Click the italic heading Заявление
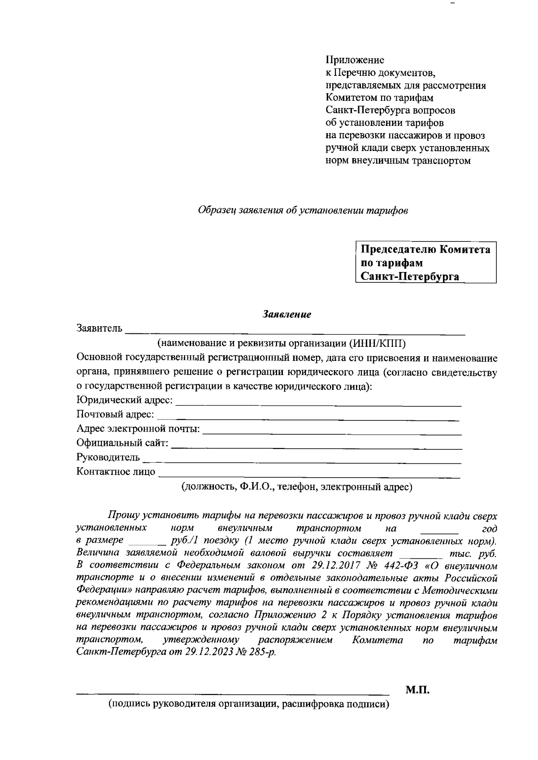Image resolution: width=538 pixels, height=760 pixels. coord(286,315)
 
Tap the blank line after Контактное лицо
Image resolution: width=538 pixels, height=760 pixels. coord(309,476)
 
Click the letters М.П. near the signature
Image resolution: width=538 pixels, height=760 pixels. coord(418,691)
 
